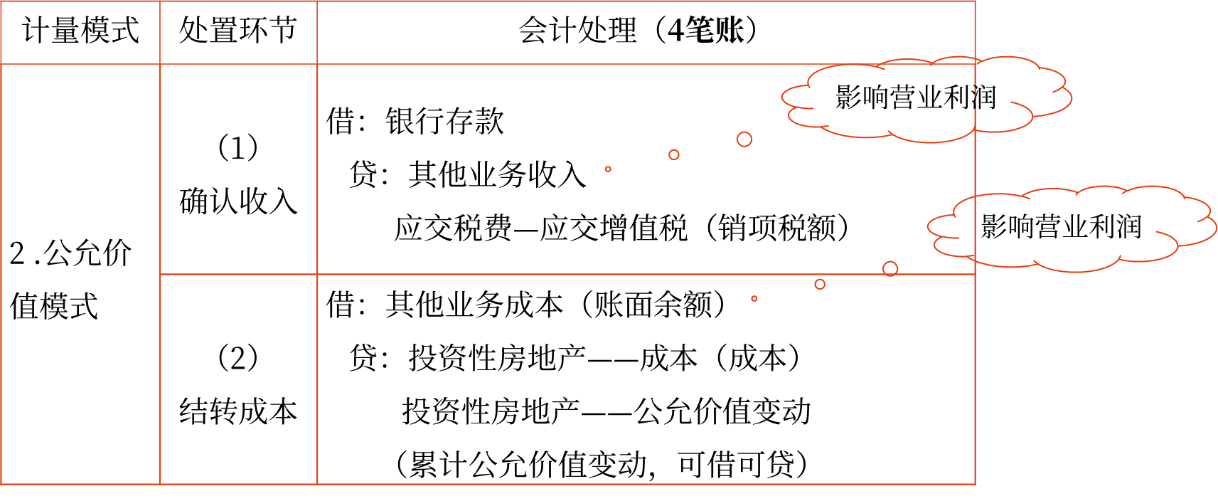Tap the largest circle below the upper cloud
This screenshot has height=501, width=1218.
(x=744, y=139)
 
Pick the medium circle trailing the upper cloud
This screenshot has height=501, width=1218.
(x=674, y=154)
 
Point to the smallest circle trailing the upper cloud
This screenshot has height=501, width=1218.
(x=608, y=169)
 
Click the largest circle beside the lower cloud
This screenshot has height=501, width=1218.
(x=890, y=269)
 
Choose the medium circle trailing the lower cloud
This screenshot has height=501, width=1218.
(x=820, y=284)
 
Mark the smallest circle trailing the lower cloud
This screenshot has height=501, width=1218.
(x=754, y=299)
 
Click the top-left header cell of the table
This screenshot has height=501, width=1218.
(x=80, y=33)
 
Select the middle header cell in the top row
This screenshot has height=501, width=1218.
(x=238, y=33)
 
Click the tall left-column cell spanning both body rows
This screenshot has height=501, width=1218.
(x=80, y=274)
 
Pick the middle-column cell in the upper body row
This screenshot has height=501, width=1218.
(x=238, y=169)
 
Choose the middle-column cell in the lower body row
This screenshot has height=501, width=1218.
(x=238, y=379)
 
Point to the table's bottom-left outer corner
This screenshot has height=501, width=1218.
(x=1, y=484)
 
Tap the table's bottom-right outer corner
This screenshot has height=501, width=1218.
(x=975, y=484)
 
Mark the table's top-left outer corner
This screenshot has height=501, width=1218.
(x=1, y=1)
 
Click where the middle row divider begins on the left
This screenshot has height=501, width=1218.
(x=160, y=274)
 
